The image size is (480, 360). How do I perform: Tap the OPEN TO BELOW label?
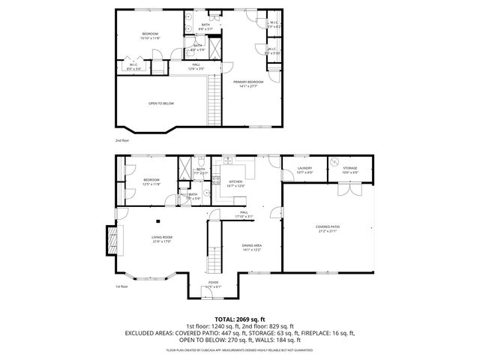161,103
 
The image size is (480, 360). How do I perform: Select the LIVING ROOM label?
162,239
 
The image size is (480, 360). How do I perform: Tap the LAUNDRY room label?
304,169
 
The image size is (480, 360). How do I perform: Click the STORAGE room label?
350,169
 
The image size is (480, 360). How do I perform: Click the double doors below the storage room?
346,189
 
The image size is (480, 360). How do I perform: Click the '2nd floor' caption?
121,140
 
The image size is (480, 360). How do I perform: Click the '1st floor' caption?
121,286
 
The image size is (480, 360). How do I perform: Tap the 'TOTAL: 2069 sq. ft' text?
240,319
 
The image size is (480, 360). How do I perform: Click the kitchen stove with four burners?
216,181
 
